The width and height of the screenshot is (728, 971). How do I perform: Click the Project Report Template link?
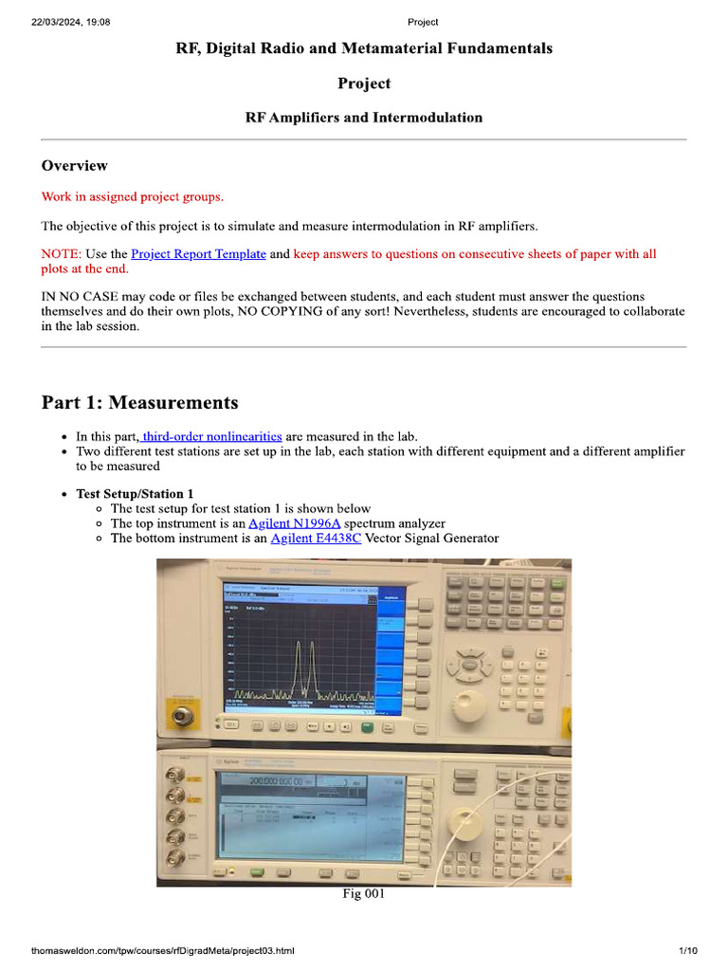pos(198,254)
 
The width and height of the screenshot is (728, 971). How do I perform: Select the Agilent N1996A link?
pos(294,523)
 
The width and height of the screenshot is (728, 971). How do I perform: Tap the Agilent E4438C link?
pos(316,539)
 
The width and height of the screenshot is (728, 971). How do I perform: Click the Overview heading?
pos(74,166)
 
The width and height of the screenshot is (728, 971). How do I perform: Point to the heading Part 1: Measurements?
pos(139,403)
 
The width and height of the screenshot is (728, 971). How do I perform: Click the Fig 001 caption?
pos(363,894)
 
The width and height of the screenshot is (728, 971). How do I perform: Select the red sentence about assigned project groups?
pos(133,197)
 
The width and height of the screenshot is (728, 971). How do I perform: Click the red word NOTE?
pos(62,254)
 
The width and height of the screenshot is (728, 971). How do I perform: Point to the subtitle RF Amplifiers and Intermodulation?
pos(364,119)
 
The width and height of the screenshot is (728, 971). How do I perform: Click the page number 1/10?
pos(688,951)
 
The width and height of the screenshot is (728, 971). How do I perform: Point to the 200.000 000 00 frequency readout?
pos(277,781)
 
